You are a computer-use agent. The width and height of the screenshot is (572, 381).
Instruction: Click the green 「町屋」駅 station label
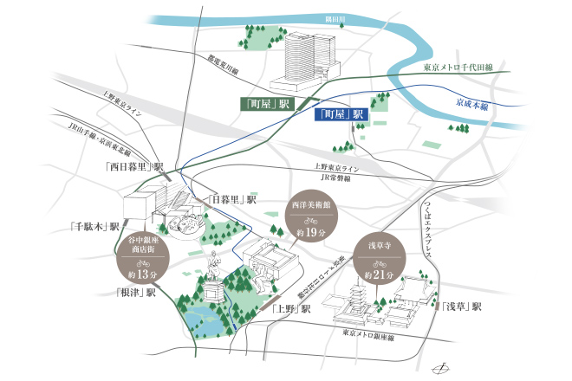[x=267, y=104]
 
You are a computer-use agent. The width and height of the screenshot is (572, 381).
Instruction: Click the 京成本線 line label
[x=472, y=103]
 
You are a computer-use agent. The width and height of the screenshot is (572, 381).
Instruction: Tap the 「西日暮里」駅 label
[x=133, y=165]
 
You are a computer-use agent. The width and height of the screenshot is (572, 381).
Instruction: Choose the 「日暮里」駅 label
[x=235, y=198]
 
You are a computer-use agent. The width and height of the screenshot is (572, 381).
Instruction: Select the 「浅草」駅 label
[x=460, y=307]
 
